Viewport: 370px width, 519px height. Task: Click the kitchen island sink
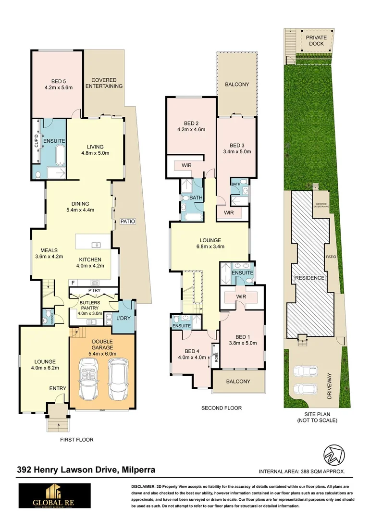[x=97, y=245]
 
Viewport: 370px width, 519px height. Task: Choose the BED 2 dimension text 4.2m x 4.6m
[x=191, y=129]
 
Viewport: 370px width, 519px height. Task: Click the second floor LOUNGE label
[x=210, y=240]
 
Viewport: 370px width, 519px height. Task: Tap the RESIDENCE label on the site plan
[x=310, y=278]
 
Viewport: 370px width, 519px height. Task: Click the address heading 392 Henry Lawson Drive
[x=86, y=470]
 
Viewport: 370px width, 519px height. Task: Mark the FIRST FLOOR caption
[x=76, y=439]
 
